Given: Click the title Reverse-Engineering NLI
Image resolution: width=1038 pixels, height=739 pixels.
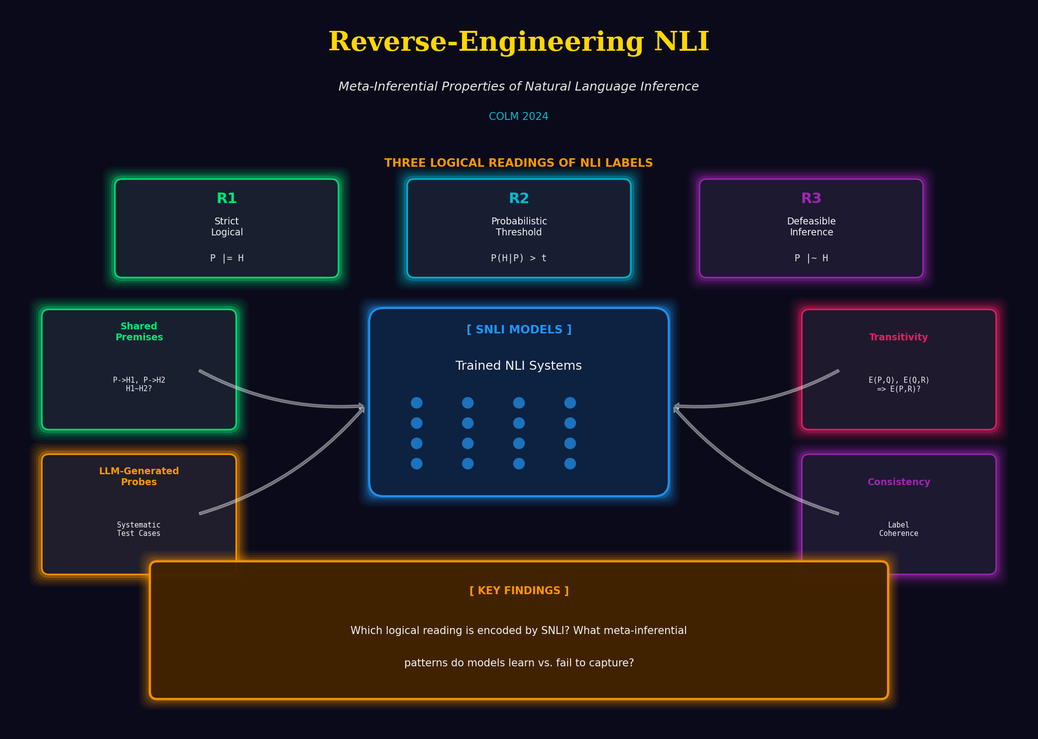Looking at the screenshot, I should coord(519,42).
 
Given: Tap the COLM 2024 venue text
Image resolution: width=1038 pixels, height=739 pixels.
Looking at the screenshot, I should coord(518,116).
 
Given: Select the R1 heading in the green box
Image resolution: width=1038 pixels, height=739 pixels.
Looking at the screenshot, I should coord(227,198).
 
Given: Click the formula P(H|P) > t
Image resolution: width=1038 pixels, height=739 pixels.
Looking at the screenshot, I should coord(518,258).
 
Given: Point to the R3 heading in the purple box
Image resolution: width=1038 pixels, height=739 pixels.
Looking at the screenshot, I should coord(811,198).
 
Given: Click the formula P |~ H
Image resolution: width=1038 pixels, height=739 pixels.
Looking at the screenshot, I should coord(811,258).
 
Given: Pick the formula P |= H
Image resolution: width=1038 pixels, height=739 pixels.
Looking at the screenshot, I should coord(227,258).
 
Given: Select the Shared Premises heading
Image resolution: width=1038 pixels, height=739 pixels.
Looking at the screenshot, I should coord(139,331).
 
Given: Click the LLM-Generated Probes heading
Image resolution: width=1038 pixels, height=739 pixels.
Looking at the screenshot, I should coord(139,476).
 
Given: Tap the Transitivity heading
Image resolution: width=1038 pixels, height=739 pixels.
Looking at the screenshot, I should coord(898,337).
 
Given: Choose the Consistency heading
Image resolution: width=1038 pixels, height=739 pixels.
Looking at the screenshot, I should coord(899,482).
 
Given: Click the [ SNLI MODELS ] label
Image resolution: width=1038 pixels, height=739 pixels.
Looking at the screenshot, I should coord(519,329).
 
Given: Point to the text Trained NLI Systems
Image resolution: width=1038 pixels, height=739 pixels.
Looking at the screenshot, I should coord(518,366).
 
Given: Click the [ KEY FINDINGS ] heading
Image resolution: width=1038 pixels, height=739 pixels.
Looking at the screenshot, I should coord(519,591).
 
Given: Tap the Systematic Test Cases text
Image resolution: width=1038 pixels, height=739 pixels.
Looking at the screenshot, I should coord(138,529).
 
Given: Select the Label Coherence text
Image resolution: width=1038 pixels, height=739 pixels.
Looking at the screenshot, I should coord(898,529).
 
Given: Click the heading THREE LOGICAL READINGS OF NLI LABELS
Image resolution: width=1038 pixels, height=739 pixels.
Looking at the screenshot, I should coord(518,163).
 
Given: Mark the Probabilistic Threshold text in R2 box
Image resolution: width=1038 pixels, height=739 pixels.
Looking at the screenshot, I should coord(519,226).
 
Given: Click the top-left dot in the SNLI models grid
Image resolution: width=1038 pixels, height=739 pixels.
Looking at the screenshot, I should coord(417,403).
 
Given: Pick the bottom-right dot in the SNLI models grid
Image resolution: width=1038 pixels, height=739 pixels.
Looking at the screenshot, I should coord(570,464).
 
